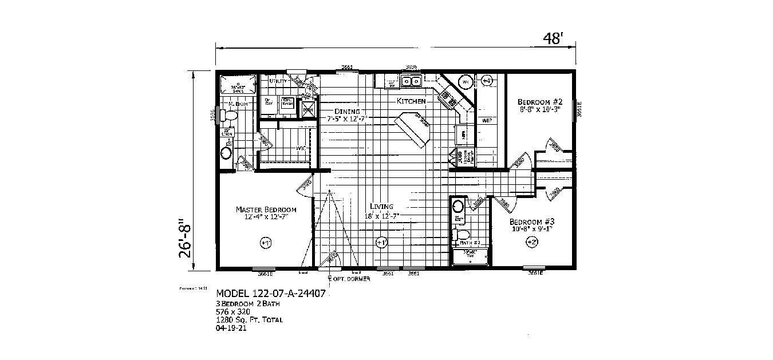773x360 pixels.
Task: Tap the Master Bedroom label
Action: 266,213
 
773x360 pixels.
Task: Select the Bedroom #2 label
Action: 538,101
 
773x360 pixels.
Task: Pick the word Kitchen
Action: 411,101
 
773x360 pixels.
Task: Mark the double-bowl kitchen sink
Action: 412,82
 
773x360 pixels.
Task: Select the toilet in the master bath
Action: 230,116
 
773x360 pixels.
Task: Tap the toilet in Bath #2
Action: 462,234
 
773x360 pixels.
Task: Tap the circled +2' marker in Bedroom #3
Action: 530,243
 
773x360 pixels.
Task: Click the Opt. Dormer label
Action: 350,279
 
